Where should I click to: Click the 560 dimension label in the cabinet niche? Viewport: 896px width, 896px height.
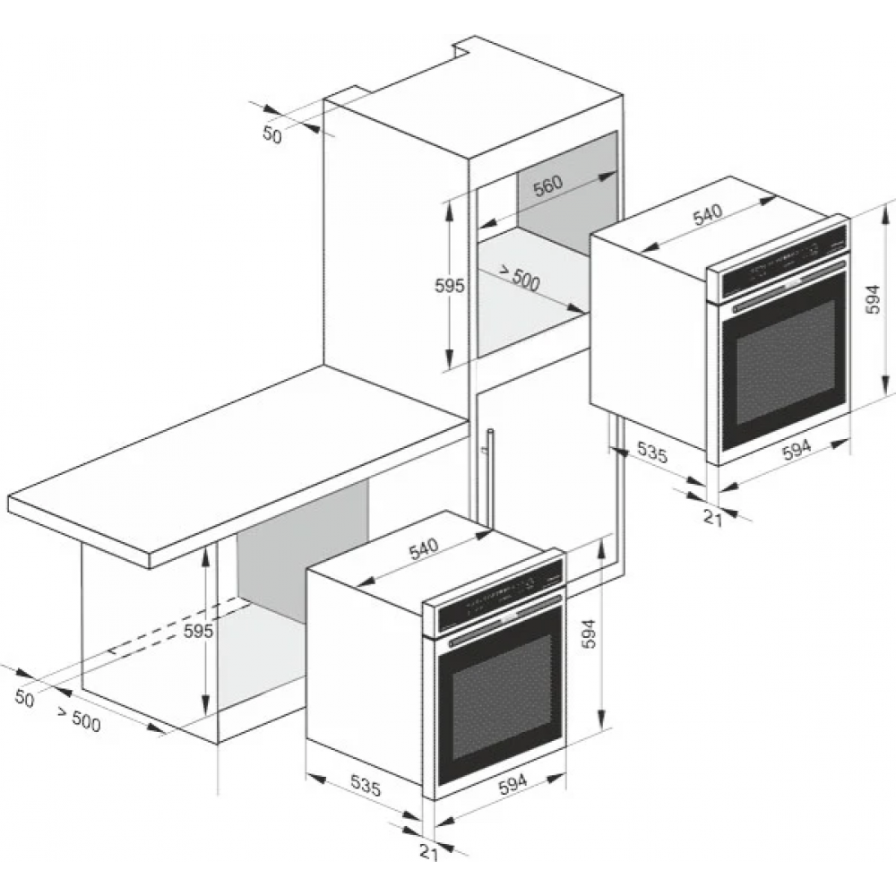(x=548, y=185)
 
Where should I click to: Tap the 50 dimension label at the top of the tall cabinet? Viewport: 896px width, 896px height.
(x=272, y=135)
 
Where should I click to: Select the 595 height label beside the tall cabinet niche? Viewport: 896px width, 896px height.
(x=450, y=286)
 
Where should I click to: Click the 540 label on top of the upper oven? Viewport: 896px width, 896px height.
(x=708, y=214)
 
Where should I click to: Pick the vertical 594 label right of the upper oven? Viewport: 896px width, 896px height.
(x=872, y=299)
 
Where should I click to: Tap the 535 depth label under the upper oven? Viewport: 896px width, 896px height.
(x=652, y=452)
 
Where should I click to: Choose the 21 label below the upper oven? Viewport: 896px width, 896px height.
(x=712, y=518)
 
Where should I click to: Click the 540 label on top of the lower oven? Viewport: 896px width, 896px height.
(x=424, y=548)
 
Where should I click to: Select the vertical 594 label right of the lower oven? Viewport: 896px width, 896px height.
(x=589, y=633)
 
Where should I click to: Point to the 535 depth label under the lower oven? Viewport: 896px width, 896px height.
(x=366, y=786)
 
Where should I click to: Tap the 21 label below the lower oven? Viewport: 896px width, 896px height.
(x=428, y=851)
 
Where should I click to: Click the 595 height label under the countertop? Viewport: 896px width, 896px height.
(x=198, y=631)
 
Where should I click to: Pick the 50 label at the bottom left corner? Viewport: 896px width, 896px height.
(x=24, y=698)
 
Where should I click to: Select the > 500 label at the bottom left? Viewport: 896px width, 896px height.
(x=79, y=719)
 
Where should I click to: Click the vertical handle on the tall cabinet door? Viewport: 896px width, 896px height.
(x=490, y=476)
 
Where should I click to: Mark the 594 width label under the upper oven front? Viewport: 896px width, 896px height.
(x=797, y=449)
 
